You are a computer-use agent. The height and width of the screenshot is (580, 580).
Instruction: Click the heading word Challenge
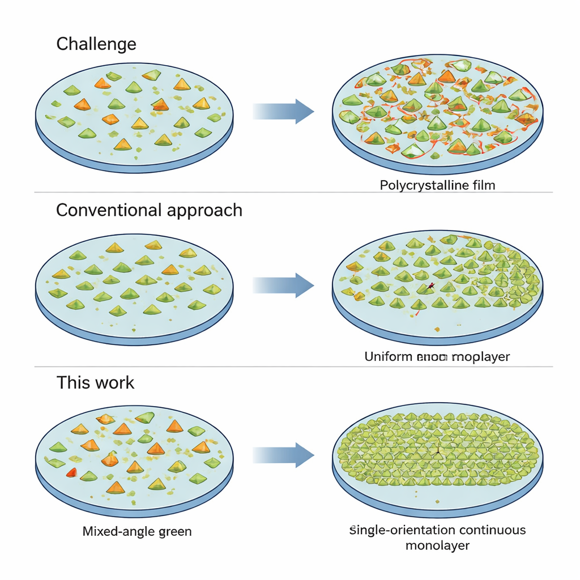coord(96,44)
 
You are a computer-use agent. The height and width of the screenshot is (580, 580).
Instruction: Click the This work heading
coord(95,382)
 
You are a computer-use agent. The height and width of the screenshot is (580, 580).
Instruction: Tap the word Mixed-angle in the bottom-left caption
coord(118,531)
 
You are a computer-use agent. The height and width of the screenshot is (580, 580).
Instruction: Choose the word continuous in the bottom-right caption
coord(485,530)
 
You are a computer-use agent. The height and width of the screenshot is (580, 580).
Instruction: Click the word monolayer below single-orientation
coord(437,545)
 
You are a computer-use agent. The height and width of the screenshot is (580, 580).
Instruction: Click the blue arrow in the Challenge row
coord(283,111)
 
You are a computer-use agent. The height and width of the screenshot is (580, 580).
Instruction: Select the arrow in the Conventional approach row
coord(283,285)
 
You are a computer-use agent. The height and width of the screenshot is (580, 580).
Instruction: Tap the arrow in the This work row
coord(283,455)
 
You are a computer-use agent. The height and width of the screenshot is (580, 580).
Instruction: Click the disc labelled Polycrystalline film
coord(437,113)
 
